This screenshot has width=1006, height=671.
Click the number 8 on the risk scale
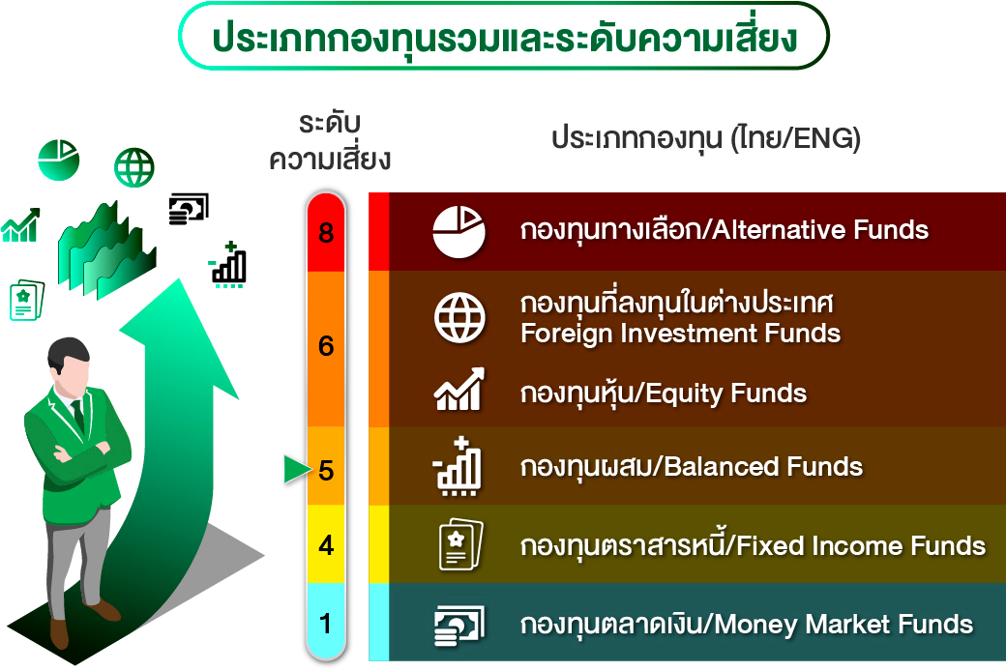326,232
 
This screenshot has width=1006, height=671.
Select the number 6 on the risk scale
326,346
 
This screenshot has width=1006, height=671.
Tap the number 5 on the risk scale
326,470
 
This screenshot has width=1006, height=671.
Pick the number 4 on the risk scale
326,545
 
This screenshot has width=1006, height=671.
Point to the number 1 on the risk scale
325,624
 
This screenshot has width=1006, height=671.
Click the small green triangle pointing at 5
297,469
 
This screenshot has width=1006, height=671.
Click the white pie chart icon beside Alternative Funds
459,232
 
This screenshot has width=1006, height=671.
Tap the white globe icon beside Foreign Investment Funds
459,317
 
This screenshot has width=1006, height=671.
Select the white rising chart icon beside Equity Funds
459,390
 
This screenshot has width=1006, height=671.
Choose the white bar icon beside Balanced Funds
458,466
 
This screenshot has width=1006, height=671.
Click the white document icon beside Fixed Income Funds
460,544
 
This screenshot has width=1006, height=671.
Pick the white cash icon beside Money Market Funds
459,625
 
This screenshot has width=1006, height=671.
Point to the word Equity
683,394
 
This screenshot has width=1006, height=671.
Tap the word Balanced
721,466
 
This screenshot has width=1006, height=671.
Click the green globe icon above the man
134,167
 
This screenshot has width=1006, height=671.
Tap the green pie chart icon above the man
58,160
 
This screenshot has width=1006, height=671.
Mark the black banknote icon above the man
189,209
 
